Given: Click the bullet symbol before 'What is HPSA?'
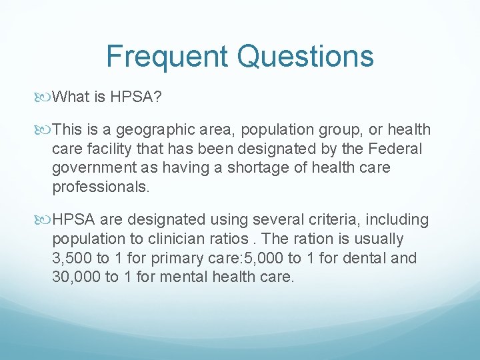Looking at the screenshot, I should pos(45,97).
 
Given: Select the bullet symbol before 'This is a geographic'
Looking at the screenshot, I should pos(45,130).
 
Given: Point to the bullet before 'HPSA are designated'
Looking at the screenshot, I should pos(45,219).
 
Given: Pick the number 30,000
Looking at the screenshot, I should pos(77,276).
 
